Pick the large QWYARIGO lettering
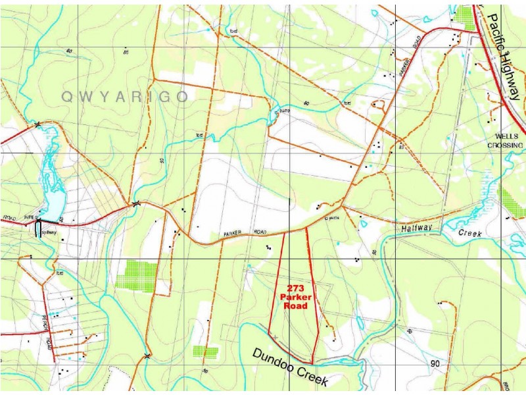point(125,97)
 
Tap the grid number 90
point(435,364)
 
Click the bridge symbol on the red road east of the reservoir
point(135,203)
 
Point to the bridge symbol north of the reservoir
point(37,123)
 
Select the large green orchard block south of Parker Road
point(137,275)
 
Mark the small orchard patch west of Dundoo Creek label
point(205,352)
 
